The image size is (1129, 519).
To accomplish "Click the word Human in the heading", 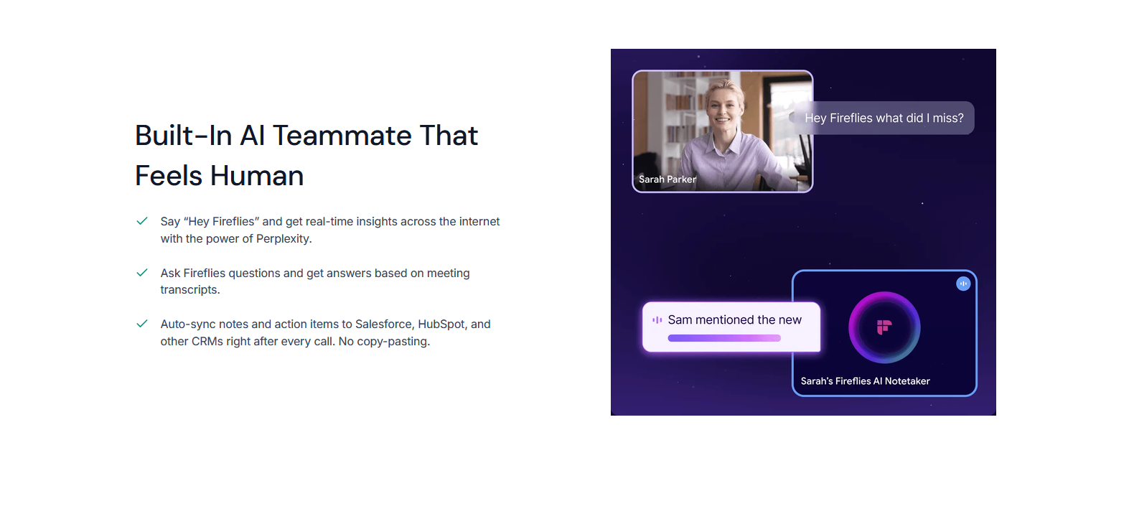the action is click(x=256, y=176).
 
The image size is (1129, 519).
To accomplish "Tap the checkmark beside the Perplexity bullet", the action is click(x=142, y=221).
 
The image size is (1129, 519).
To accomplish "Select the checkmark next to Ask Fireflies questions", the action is click(x=142, y=273).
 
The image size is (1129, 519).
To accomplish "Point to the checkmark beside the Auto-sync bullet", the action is click(x=142, y=324).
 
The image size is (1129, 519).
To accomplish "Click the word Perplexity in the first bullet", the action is click(x=284, y=239).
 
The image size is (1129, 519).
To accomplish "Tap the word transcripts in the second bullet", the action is click(x=190, y=290).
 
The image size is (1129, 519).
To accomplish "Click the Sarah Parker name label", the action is click(x=667, y=179).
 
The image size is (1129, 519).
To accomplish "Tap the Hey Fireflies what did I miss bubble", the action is click(x=883, y=118).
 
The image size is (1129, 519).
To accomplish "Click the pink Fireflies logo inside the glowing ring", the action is click(x=884, y=327).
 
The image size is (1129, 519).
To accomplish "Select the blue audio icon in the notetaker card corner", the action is click(x=963, y=284).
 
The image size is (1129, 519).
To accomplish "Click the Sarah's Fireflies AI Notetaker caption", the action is click(x=865, y=381).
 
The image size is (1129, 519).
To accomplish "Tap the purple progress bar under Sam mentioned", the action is click(x=724, y=338).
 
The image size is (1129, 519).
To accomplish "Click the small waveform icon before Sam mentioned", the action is click(x=657, y=320).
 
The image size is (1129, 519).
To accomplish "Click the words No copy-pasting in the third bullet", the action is click(x=384, y=342).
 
